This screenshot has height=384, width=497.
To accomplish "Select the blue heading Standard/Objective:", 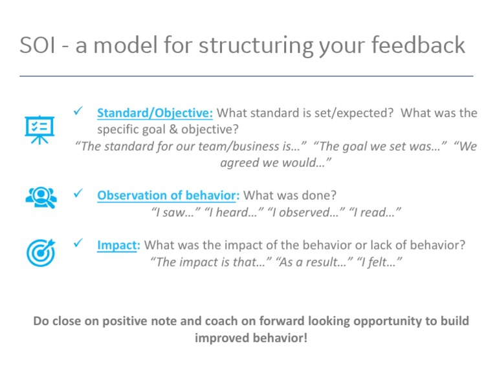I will click(x=155, y=113).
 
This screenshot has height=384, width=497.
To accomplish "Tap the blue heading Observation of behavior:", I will click(x=168, y=195).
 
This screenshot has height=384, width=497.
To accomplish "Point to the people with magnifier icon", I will click(x=41, y=196).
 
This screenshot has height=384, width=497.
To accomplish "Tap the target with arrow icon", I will click(x=41, y=252).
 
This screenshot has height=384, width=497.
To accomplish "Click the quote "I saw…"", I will click(x=174, y=211).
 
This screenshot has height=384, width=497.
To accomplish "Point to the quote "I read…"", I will click(x=371, y=211).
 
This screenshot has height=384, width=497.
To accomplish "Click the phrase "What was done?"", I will click(x=289, y=195).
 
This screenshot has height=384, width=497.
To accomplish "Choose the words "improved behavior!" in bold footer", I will click(x=251, y=338).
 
